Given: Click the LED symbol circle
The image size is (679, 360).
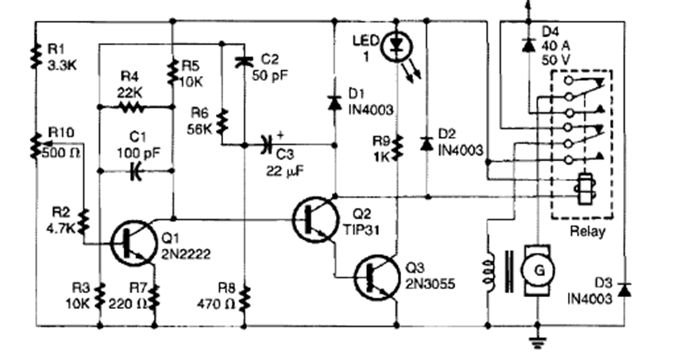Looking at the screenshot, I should tap(395, 47).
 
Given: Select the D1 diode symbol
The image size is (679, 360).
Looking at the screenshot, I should tap(334, 102).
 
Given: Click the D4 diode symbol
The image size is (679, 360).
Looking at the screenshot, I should tap(527, 45).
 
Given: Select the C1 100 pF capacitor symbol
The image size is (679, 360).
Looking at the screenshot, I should tap(133, 169).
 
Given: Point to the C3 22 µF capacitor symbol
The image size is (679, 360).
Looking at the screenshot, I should tap(268, 145).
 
